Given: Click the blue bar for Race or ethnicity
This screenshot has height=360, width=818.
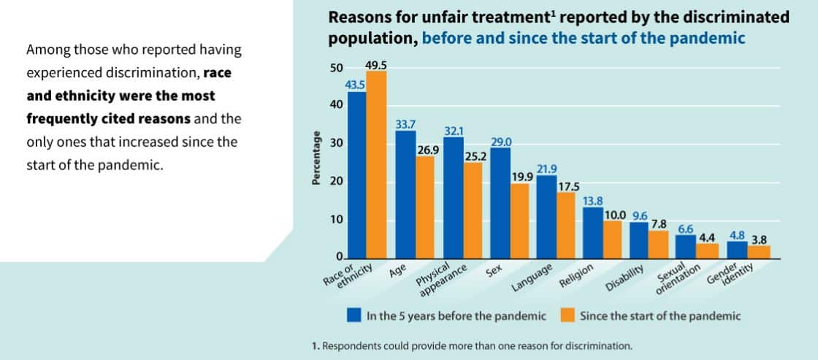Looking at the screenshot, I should coord(356,175).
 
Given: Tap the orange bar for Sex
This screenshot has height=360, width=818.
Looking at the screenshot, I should coord(519,221).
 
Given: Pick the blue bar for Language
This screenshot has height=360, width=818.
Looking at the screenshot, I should coord(546,217).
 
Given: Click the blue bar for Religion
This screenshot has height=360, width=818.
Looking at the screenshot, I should coord(593,232).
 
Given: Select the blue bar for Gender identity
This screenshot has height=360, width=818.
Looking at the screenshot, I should coord(737,249).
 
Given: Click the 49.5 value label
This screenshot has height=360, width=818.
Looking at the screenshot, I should coord(375,65).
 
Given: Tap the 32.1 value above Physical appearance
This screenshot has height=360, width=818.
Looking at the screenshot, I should coord(454,131).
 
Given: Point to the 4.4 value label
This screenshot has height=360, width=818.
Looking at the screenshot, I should coord(706,237).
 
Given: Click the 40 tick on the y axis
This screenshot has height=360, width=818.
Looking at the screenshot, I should coord(337,105).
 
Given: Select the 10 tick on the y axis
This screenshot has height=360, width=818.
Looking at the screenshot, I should coord(337,220).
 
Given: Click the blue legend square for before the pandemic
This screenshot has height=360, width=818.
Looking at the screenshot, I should coord(354,315).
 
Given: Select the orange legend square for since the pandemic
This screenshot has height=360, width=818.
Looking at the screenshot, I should coord(567,315).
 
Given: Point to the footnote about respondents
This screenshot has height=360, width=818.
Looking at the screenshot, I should coord(471,345).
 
